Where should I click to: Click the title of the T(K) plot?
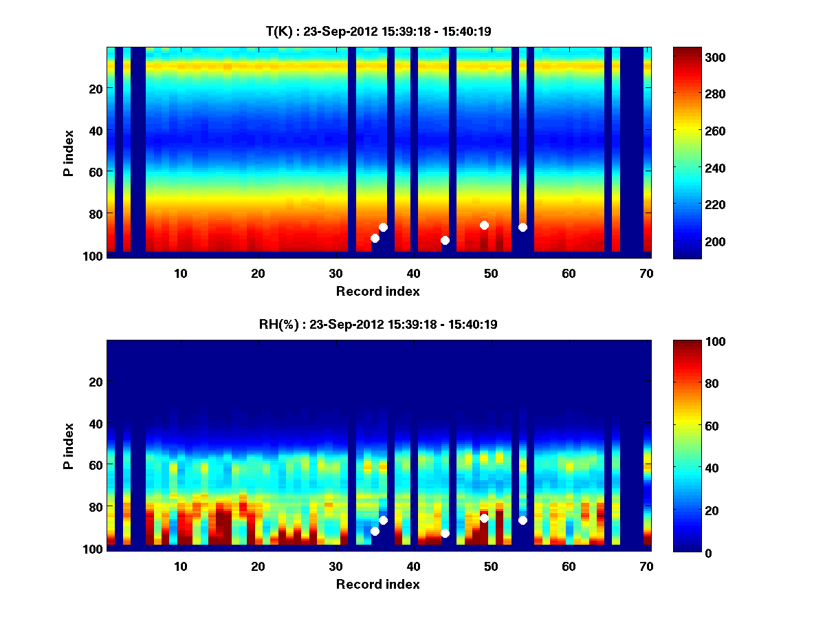point(378,31)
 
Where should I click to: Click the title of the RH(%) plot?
point(378,324)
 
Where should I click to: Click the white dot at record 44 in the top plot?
point(445,240)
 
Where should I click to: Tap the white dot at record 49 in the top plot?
point(484,225)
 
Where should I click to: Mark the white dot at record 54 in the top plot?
point(522,227)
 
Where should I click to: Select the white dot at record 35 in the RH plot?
point(375,531)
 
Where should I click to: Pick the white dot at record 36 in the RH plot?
point(383,520)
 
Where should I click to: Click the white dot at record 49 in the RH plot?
point(484,518)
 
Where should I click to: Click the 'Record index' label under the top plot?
point(377,291)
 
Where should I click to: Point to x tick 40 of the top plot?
point(413,272)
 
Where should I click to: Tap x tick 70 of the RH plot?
point(646,565)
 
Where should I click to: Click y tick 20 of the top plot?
point(95,89)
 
